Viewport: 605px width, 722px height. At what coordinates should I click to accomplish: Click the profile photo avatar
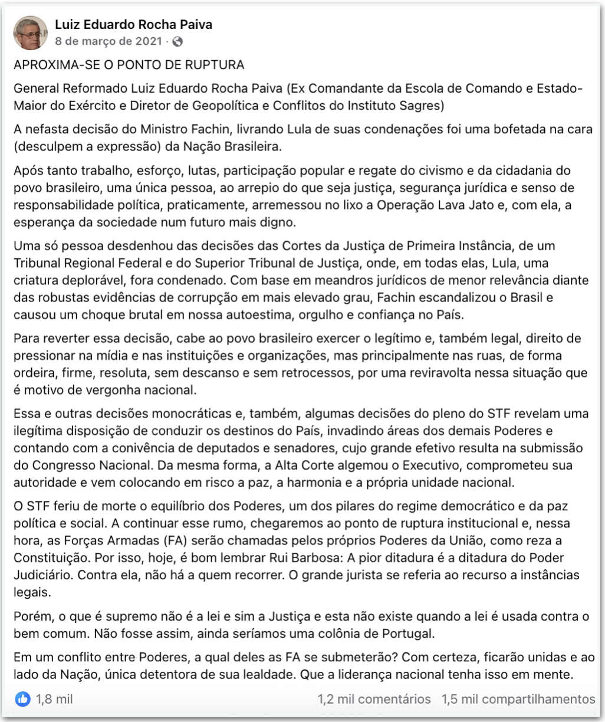tap(31, 32)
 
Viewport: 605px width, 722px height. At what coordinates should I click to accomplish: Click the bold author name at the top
tap(133, 25)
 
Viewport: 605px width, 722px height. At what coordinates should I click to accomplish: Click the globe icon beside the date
tap(177, 42)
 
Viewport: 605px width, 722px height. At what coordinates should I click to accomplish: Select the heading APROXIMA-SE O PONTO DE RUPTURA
tap(129, 65)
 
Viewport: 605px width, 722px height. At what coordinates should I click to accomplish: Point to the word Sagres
tap(419, 106)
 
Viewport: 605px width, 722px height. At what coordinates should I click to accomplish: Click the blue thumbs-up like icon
tap(23, 699)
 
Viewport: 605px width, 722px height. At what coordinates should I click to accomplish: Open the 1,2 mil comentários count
tap(374, 699)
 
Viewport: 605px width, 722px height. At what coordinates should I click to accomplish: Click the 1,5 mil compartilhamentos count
tap(518, 699)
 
